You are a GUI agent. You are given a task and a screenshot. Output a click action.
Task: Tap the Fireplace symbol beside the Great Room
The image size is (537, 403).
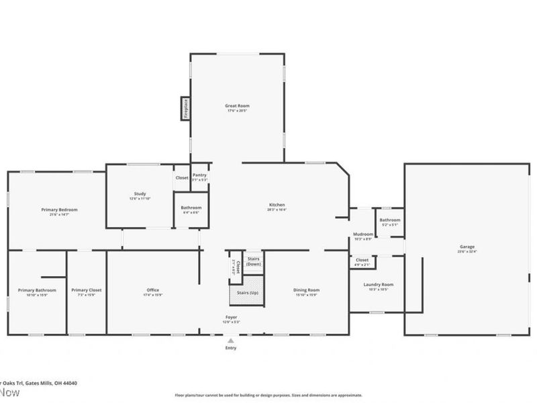coord(184,108)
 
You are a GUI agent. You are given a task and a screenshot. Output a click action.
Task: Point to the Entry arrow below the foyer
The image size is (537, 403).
coord(230,341)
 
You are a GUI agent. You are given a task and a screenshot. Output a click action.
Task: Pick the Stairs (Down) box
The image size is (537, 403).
coord(254,261)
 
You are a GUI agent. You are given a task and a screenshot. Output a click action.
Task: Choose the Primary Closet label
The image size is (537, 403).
coord(86,290)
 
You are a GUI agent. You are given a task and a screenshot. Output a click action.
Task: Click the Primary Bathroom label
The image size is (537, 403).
coord(37,290)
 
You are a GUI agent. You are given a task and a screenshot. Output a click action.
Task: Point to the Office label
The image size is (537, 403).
coord(153,290)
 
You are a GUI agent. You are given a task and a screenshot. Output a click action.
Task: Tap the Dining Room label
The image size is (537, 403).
coord(306,290)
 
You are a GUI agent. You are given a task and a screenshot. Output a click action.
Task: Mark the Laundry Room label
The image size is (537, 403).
coord(378,285)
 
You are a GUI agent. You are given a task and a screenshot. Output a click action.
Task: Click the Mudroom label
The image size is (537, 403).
coord(362,235)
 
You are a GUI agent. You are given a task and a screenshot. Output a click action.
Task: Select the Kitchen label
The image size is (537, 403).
coord(277,205)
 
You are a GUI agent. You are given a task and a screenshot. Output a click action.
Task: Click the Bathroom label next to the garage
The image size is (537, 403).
coord(389,220)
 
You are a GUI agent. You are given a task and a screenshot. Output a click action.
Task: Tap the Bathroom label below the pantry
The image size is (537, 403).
coord(191,208)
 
